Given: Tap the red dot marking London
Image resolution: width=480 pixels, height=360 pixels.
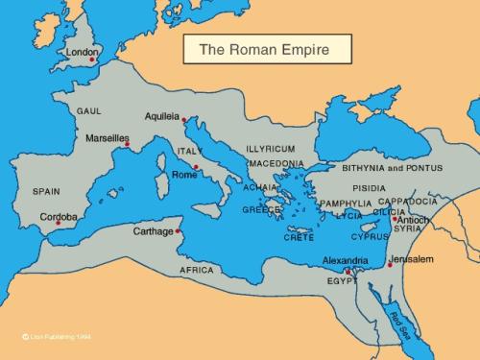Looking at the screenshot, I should pyautogui.click(x=93, y=60).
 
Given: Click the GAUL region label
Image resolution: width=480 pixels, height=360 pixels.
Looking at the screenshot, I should pyautogui.click(x=89, y=110).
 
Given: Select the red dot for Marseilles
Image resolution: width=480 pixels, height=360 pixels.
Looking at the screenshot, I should pyautogui.click(x=126, y=145).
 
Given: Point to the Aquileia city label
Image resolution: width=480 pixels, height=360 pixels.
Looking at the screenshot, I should pyautogui.click(x=162, y=116).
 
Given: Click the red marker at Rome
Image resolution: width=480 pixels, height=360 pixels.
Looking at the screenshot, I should pyautogui.click(x=196, y=167).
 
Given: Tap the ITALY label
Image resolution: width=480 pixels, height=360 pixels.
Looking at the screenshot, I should pyautogui.click(x=188, y=151).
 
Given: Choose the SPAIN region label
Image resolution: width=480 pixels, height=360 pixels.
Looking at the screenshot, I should pyautogui.click(x=46, y=191).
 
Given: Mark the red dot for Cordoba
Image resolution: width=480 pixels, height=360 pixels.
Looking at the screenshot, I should pyautogui.click(x=58, y=224).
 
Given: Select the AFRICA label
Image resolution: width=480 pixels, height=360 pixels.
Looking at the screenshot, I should pyautogui.click(x=197, y=270).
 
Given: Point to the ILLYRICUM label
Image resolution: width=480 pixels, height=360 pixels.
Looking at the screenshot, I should pyautogui.click(x=270, y=150).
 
